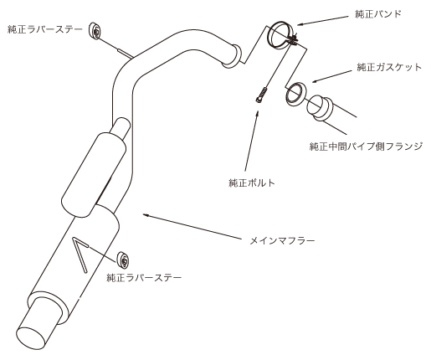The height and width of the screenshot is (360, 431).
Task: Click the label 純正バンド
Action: (x=377, y=13)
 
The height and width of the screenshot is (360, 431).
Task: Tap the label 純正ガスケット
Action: (x=389, y=67)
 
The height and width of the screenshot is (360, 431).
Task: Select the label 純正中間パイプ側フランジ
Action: (x=366, y=146)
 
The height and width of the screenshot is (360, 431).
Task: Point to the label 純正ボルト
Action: (x=252, y=183)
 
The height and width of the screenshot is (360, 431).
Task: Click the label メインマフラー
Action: (x=282, y=240)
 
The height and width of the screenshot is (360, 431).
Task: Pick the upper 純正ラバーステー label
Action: (x=45, y=29)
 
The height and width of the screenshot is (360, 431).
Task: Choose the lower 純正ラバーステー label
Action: (x=144, y=277)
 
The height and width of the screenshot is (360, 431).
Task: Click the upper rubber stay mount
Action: (x=95, y=31)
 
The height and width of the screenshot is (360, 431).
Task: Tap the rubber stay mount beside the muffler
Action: (x=123, y=260)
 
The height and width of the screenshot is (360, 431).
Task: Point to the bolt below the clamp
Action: (x=261, y=95)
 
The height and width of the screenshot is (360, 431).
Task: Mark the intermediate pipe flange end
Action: (x=320, y=109)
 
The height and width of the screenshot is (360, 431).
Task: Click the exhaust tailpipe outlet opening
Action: (x=31, y=337)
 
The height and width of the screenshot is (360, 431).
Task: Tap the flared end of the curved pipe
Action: (x=233, y=57)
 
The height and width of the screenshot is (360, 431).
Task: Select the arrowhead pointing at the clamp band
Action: (x=300, y=24)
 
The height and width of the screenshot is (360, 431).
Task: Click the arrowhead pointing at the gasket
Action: (x=315, y=81)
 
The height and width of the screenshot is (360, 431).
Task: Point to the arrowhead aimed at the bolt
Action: (x=258, y=112)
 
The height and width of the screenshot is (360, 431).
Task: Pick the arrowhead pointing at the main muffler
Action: (x=146, y=214)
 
